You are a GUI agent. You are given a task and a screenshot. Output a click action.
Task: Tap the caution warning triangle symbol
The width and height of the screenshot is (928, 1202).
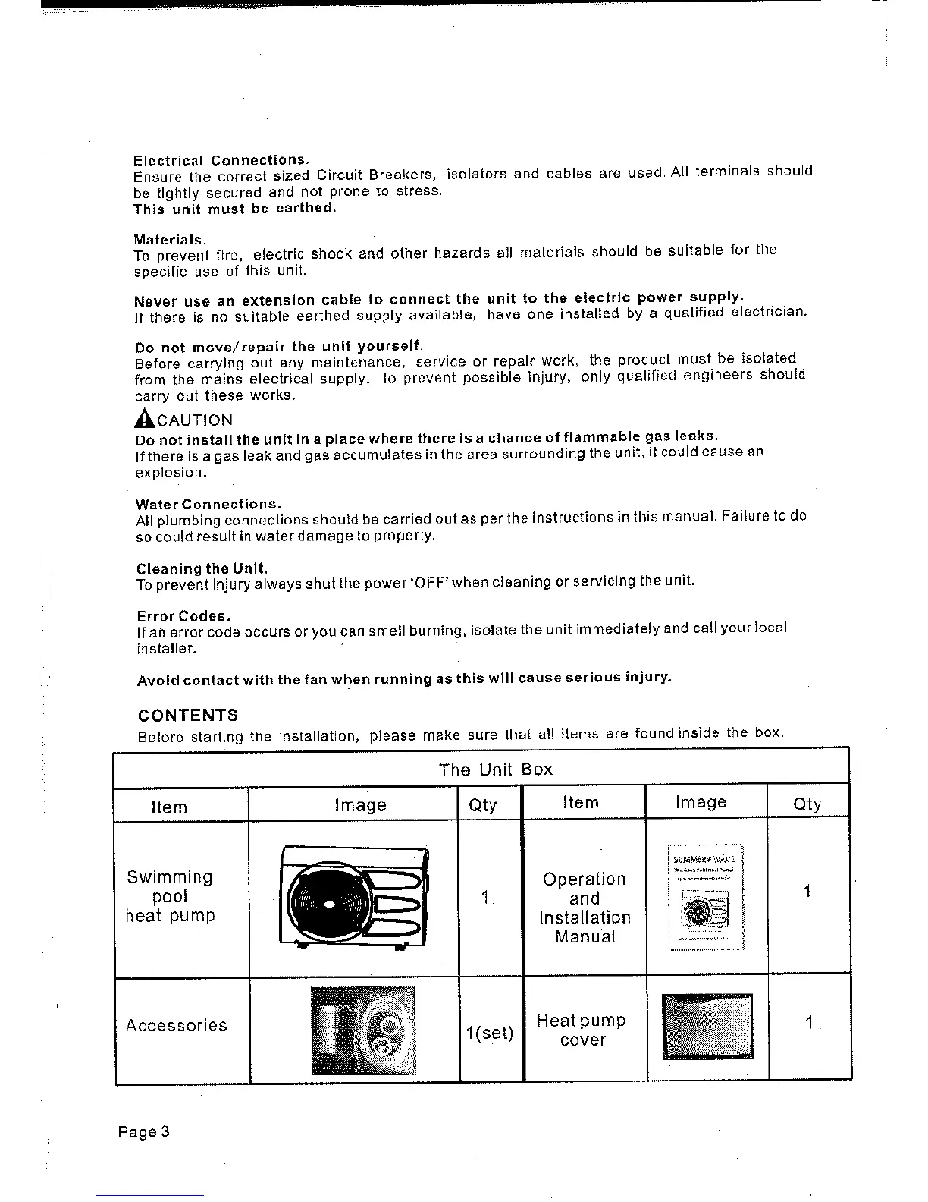[x=144, y=418]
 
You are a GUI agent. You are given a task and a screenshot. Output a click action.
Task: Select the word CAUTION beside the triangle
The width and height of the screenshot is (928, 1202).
[x=195, y=420]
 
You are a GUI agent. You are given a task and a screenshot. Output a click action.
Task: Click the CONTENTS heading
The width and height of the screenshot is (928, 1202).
[x=187, y=715]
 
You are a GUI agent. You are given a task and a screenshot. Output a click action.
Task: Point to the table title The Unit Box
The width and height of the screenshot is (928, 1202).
[x=496, y=769]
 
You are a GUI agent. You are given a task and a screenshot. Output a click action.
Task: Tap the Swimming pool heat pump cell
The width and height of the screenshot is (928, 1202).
[x=171, y=896]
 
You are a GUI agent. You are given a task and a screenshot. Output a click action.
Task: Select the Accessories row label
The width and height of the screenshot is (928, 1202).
[x=176, y=1025]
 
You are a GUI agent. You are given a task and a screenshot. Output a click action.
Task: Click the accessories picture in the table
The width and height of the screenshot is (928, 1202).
[x=363, y=1030]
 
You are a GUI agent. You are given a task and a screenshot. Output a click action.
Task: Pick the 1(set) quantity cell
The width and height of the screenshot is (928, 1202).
[x=490, y=1033]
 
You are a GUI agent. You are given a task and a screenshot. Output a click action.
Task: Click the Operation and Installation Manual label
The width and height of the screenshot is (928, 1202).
[x=585, y=908]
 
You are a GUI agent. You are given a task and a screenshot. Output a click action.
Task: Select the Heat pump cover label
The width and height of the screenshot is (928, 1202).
[x=582, y=1030]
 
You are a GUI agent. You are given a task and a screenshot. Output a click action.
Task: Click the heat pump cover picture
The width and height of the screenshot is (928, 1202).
[x=707, y=1026]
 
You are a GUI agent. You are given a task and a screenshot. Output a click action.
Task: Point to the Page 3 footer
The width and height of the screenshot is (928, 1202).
[x=144, y=1131]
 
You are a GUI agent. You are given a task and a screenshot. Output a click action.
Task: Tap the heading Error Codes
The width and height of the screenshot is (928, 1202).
[x=183, y=615]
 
